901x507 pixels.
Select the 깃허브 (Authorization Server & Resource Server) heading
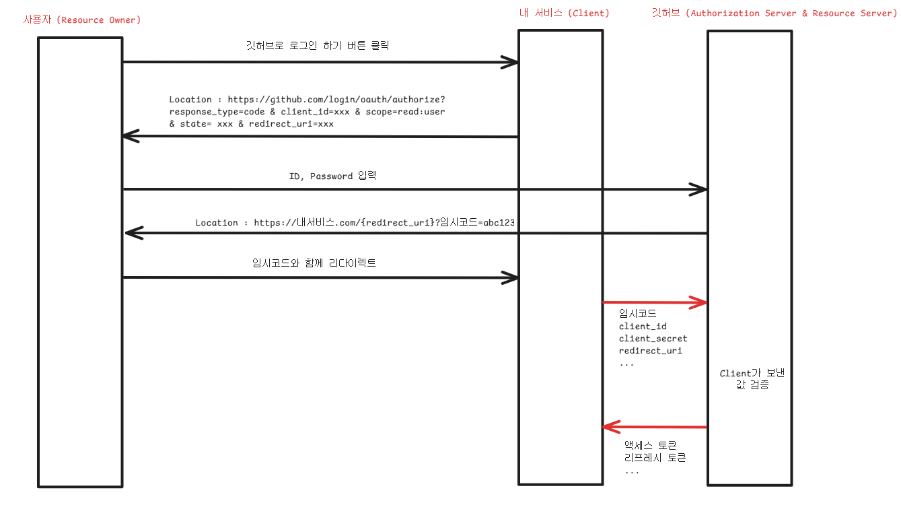[x=774, y=13]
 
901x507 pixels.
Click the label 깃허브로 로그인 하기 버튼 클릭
[x=318, y=46]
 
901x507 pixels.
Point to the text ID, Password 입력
[x=332, y=176]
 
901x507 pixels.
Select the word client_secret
[x=653, y=339]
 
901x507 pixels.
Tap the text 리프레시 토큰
[x=655, y=458]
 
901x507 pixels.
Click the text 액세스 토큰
[x=650, y=445]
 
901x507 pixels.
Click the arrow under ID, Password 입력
[x=414, y=190]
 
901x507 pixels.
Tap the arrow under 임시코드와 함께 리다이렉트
[x=320, y=277]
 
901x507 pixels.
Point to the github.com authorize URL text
[x=336, y=100]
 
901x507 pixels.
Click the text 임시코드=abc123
[x=481, y=223]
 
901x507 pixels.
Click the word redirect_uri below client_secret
[x=650, y=351]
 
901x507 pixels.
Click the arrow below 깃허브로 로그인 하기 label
[x=320, y=63]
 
